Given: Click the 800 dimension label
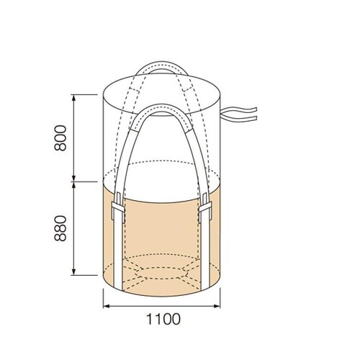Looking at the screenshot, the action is [x=60, y=138].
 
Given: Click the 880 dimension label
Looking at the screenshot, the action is [x=60, y=228].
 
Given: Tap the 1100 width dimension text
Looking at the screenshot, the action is [x=163, y=319].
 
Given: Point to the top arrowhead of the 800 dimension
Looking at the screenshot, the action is [x=74, y=98].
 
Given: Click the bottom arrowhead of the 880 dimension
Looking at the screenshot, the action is [x=74, y=272].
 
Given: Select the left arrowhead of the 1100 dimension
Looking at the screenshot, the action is [x=107, y=306].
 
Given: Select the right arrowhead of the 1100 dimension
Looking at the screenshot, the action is [x=217, y=306].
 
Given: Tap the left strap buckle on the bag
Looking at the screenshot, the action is [x=118, y=208].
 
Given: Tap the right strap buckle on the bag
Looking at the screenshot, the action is [x=205, y=208].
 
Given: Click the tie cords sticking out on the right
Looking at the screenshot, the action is [x=239, y=114].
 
